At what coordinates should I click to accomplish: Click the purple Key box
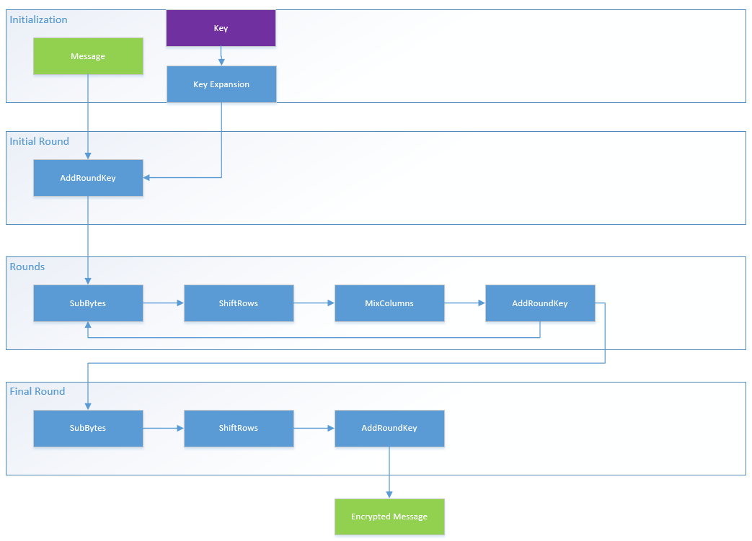coord(221,28)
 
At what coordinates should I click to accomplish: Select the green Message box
coord(88,56)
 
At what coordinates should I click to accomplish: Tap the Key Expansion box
coord(221,84)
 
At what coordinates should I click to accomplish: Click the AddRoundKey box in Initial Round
coord(88,178)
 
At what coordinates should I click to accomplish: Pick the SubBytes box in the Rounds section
coord(88,303)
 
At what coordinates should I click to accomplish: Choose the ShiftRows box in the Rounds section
coord(239,303)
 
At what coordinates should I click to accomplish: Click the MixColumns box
coord(389,303)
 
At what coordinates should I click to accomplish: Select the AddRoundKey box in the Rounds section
coord(540,303)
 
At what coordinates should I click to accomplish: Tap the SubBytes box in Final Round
coord(88,429)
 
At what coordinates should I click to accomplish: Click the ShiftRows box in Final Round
coord(239,429)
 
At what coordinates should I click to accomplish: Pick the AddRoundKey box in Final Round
coord(389,429)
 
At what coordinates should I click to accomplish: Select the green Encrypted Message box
coord(389,517)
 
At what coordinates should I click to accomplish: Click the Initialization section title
coord(38,19)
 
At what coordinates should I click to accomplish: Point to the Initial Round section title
coord(40,141)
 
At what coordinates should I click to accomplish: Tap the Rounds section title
coord(27,267)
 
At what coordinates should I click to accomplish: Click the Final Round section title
coord(37,391)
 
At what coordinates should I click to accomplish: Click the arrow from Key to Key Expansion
coord(221,56)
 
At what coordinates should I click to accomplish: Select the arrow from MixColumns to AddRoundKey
coord(465,303)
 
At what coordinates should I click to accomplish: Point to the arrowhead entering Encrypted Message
coord(389,495)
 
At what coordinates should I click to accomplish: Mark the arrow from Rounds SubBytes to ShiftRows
coord(164,303)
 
